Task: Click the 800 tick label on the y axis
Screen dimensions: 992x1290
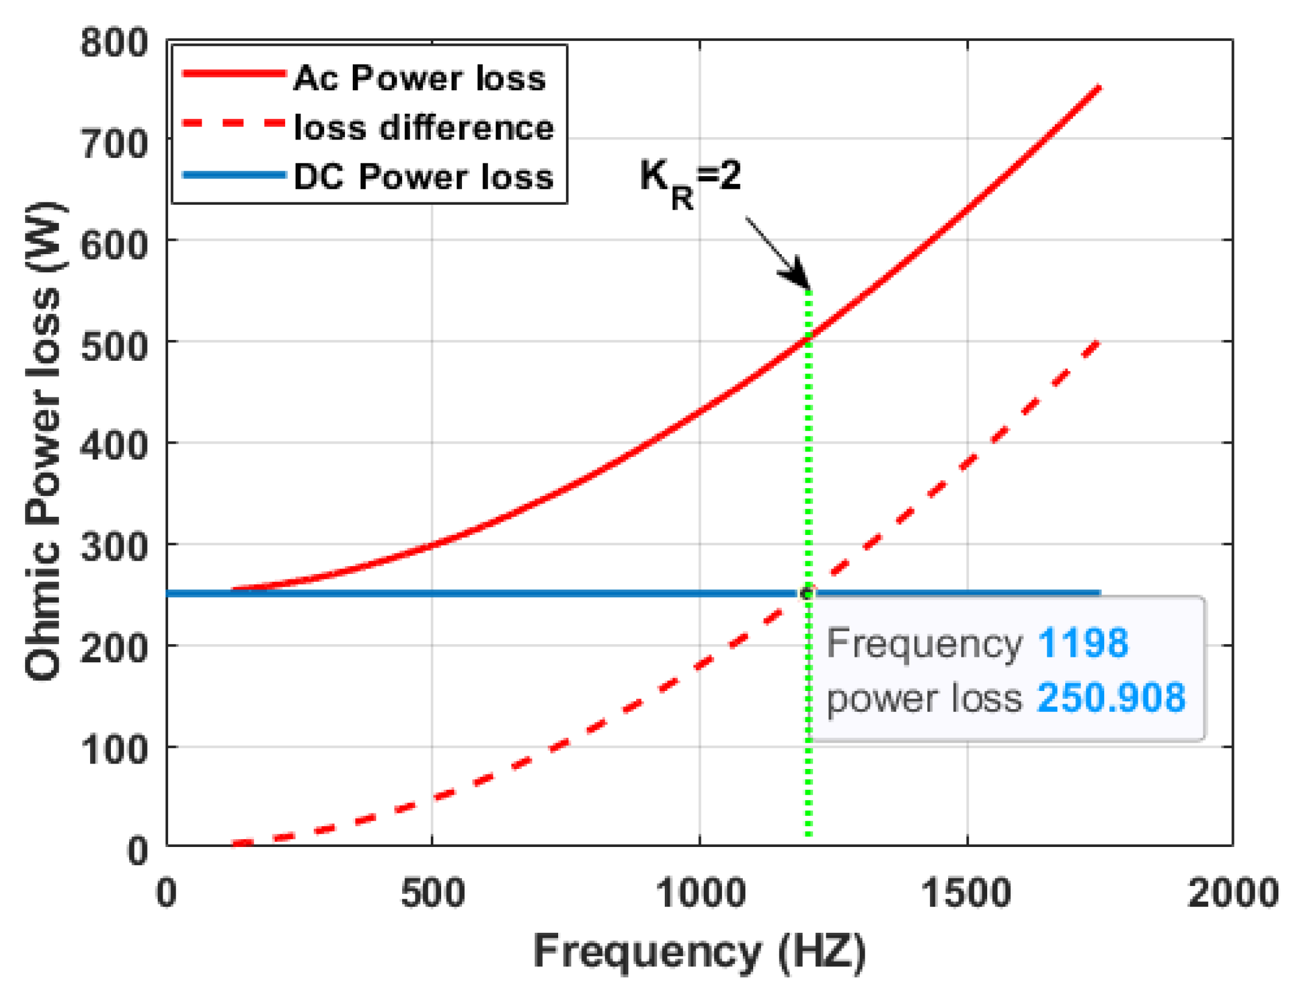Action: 114,44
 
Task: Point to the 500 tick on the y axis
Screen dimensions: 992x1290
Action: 114,347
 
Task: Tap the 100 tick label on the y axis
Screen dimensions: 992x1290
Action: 114,750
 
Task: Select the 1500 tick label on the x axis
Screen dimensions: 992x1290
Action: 966,893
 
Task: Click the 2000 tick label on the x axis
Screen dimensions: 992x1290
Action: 1233,893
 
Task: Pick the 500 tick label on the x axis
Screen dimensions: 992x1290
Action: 432,893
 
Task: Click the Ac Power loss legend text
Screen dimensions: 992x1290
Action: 419,79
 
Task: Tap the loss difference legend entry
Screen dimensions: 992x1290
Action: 424,128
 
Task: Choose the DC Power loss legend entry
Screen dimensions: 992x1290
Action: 424,177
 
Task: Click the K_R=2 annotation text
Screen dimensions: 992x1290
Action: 690,180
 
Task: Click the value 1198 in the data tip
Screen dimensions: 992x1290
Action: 1082,643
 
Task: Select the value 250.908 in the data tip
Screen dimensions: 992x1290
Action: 1111,698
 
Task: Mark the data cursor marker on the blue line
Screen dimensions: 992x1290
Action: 807,593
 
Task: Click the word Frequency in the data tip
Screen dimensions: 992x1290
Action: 924,643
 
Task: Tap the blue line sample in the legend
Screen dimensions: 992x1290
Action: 234,175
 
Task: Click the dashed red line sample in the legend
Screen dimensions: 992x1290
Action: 234,124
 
